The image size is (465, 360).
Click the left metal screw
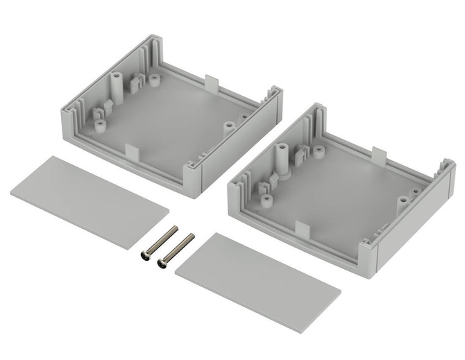click(x=157, y=244)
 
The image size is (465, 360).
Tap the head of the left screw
click(x=145, y=257)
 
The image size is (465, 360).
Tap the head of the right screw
click(x=164, y=263)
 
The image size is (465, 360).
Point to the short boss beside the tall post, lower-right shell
click(x=321, y=151)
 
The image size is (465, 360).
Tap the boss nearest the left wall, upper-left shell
click(x=101, y=126)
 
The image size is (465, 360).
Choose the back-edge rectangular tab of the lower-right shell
click(x=379, y=154)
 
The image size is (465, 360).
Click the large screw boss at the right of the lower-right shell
click(x=401, y=203)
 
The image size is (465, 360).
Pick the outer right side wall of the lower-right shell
click(x=416, y=222)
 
